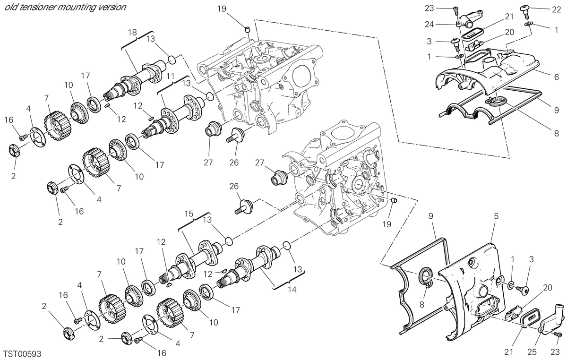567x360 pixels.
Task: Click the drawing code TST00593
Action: (22, 354)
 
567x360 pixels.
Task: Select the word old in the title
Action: (10, 7)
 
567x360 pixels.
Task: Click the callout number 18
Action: (132, 33)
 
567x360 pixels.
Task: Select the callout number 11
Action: (171, 76)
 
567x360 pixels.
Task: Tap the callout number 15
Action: (189, 214)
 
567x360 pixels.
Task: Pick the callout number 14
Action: (292, 289)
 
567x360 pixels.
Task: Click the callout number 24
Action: (430, 25)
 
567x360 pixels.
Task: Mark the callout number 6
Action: (556, 77)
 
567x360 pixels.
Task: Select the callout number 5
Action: (496, 216)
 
